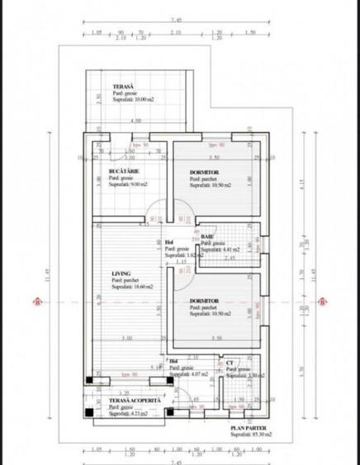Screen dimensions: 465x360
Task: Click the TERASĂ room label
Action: [124, 85]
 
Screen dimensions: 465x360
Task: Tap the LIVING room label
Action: [123, 272]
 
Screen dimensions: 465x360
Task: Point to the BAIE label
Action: [206, 237]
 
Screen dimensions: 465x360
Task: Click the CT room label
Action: [230, 363]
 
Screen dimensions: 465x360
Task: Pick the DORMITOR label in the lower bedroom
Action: [206, 301]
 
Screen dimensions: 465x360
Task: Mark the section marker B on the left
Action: [37, 302]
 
